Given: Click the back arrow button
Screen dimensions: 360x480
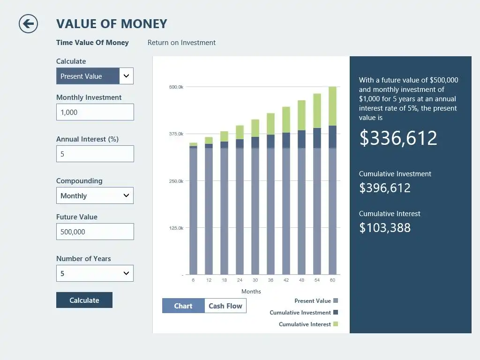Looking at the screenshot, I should tap(28, 23).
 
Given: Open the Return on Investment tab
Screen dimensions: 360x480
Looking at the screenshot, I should tap(181, 43).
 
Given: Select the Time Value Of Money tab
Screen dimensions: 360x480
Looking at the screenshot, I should tap(92, 43).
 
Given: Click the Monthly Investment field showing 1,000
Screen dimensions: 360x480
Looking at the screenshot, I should tap(95, 112).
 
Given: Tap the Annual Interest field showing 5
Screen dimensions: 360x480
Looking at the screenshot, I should tap(95, 154).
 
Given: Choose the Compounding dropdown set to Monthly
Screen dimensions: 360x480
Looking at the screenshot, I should tap(95, 195).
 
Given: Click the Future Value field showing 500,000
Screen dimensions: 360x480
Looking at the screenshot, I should tap(95, 232).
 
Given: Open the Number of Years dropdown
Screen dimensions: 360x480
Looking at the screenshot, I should tap(95, 273).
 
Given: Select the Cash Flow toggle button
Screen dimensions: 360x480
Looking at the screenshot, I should tap(225, 306).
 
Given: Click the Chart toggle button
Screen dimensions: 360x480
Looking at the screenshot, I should tap(183, 306).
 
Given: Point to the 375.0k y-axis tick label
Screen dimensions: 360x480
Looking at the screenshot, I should tap(176, 134).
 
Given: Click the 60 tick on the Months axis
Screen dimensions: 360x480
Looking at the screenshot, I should tap(332, 280).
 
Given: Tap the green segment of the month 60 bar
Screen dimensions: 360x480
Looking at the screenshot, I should tap(332, 106).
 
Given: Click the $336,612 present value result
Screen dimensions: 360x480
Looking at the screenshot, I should tap(398, 138).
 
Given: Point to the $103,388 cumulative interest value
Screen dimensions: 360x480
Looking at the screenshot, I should tap(385, 228).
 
